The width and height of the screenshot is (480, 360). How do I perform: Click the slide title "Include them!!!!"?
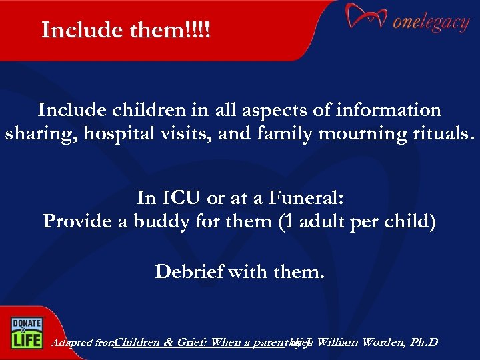125,30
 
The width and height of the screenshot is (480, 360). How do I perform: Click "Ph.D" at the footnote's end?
424,343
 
